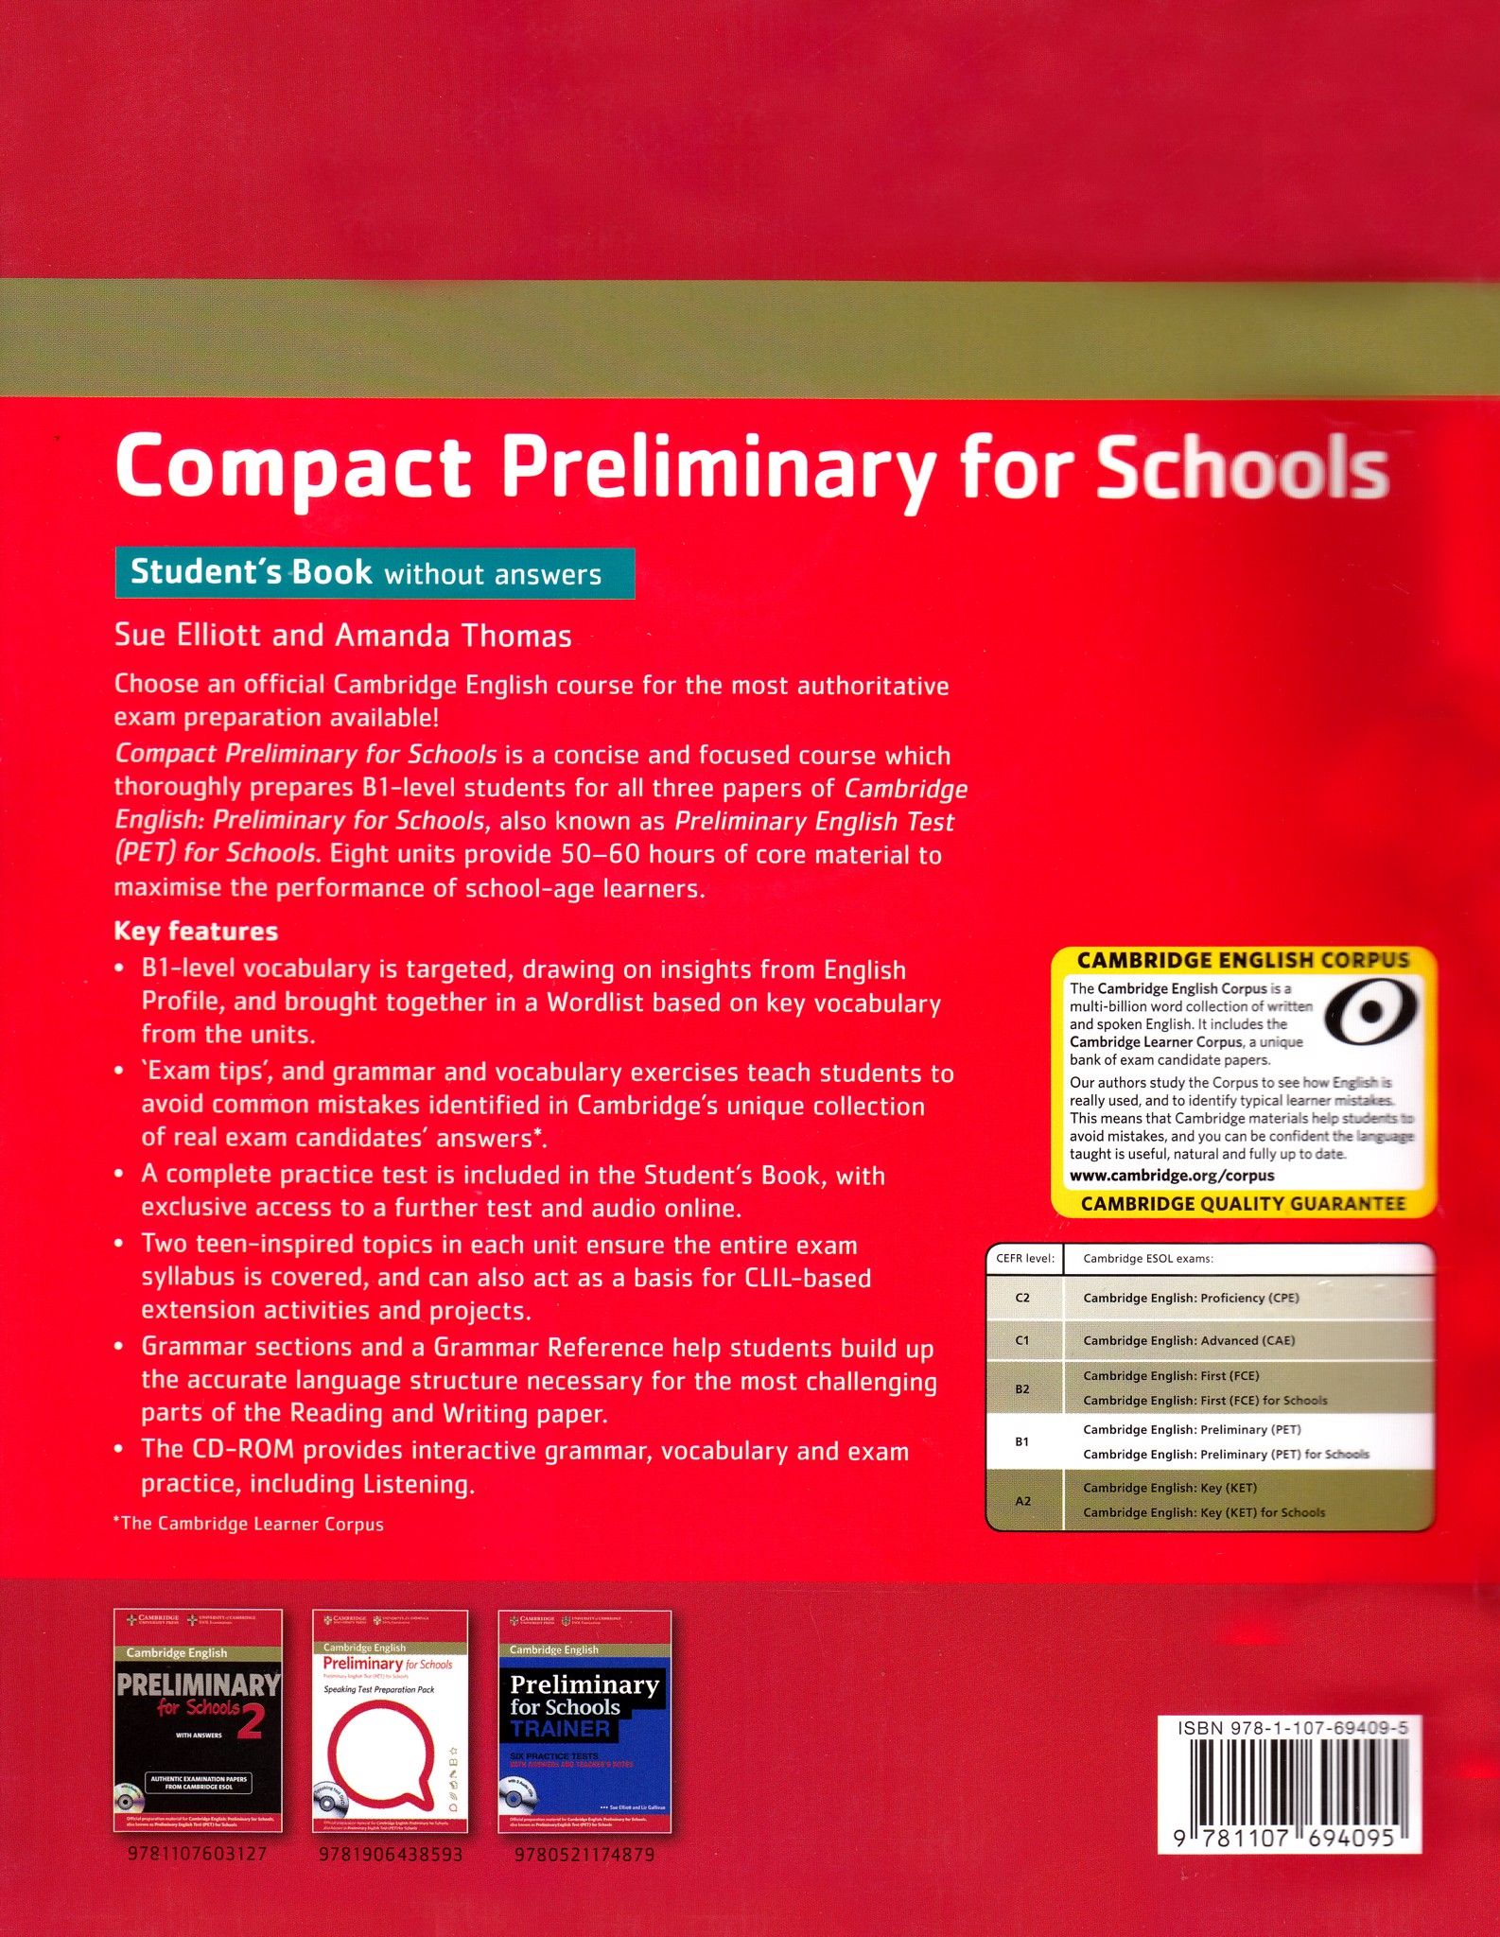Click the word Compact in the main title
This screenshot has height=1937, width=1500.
(293, 467)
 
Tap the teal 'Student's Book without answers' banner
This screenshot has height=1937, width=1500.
(375, 573)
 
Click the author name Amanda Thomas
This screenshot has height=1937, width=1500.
(453, 636)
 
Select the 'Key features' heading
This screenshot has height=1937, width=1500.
(196, 931)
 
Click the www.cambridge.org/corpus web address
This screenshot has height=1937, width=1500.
(1172, 1176)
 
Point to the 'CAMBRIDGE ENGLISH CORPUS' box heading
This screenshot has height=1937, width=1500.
(1243, 960)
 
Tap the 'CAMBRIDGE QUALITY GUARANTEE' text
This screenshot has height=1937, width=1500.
(1243, 1204)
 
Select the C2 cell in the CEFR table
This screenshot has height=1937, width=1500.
(1022, 1298)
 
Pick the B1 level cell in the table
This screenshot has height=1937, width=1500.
(1022, 1441)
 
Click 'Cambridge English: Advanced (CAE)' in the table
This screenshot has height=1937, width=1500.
(1189, 1340)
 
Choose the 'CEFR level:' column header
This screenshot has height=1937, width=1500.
(1024, 1259)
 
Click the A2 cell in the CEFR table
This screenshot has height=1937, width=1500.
(1022, 1500)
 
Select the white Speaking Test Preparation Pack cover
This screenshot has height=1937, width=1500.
(390, 1721)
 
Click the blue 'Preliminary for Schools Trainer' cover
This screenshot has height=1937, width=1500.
(584, 1721)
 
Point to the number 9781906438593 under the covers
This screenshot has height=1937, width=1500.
(392, 1855)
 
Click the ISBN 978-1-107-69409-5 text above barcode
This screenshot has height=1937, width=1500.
(1293, 1728)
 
